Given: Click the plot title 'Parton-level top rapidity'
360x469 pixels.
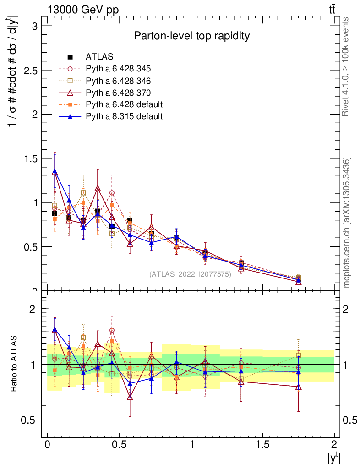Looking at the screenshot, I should pyautogui.click(x=191, y=36).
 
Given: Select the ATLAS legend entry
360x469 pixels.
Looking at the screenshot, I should pyautogui.click(x=99, y=57).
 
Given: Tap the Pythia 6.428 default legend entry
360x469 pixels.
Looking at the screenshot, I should pyautogui.click(x=124, y=104).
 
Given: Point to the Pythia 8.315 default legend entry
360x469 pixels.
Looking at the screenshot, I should pyautogui.click(x=124, y=116).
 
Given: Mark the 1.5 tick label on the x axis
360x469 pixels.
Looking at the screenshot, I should pyautogui.click(x=262, y=445).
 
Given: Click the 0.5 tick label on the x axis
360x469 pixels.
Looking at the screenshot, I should pyautogui.click(x=119, y=445).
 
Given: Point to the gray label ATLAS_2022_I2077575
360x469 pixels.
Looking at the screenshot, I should pyautogui.click(x=190, y=274).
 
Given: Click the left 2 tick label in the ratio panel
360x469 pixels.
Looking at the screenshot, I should pyautogui.click(x=33, y=309).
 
